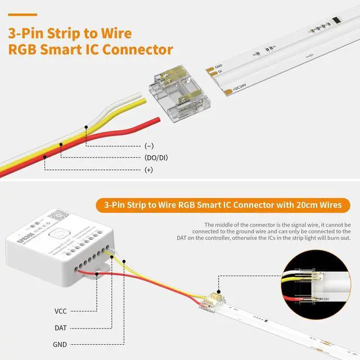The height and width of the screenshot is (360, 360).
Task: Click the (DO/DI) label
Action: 156,157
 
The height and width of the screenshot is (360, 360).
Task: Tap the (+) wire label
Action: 148,169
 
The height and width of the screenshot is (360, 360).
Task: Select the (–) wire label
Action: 148,146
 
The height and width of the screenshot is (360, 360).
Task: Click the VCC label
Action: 61,310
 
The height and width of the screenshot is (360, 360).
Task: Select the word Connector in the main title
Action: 137,49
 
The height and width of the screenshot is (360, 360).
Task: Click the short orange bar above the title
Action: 22,15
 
